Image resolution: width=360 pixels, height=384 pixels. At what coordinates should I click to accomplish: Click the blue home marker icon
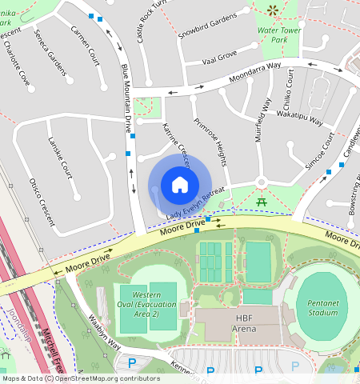[x=180, y=186]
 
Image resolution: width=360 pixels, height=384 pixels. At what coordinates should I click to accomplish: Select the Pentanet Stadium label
[x=322, y=305]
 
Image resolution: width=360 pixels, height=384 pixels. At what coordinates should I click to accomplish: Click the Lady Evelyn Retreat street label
[x=195, y=206]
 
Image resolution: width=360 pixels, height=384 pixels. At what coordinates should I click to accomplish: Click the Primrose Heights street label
[x=207, y=143]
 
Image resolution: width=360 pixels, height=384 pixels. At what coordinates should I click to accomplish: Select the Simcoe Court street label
[x=318, y=153]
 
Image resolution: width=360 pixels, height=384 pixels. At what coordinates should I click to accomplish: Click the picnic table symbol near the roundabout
[x=262, y=200]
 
